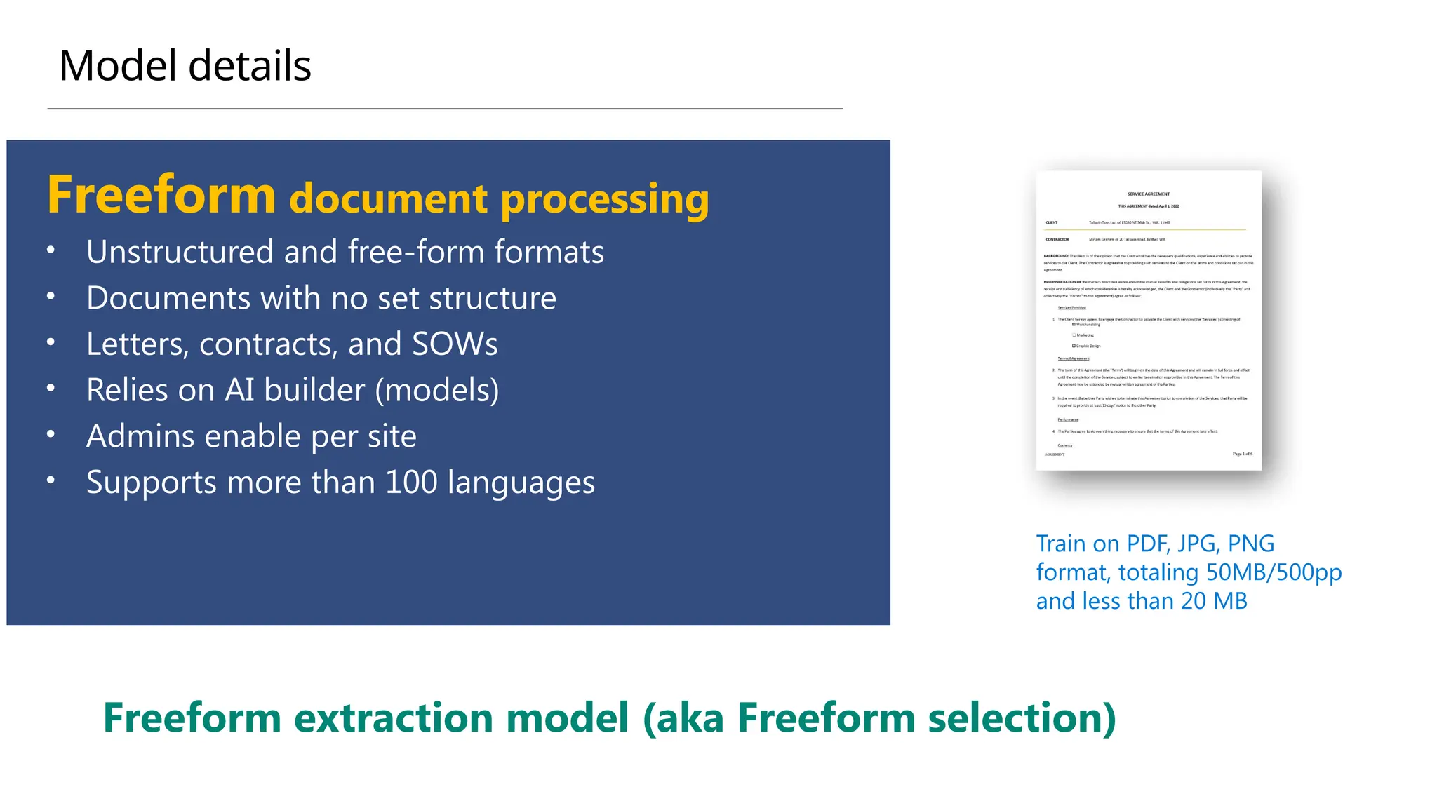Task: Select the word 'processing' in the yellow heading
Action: click(x=604, y=199)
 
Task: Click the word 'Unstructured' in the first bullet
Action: click(x=180, y=252)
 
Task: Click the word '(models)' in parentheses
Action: click(x=437, y=390)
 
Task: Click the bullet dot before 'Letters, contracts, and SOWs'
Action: click(x=51, y=342)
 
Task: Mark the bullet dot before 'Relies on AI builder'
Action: click(x=51, y=388)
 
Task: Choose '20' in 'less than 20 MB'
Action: click(x=1193, y=601)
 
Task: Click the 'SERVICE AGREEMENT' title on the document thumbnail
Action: click(x=1148, y=194)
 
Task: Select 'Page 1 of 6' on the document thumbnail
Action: click(x=1242, y=454)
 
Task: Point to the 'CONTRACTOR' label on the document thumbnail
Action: click(x=1057, y=240)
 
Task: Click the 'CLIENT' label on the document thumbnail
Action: click(x=1051, y=222)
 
